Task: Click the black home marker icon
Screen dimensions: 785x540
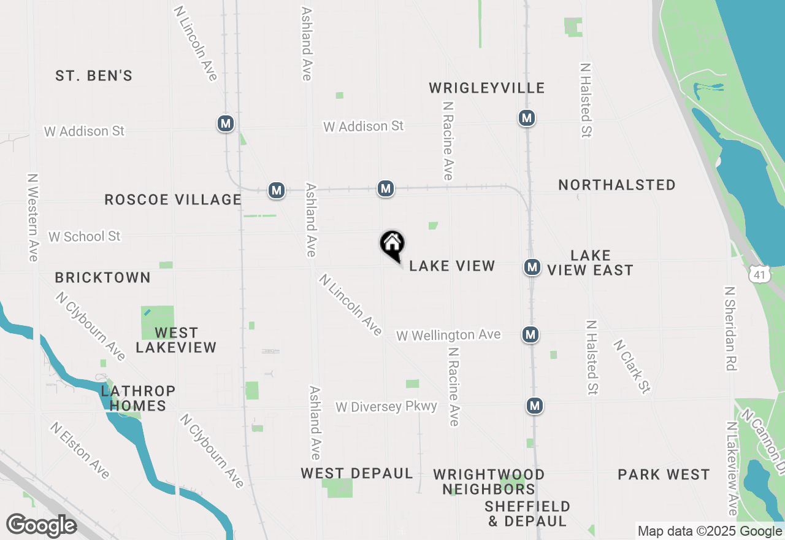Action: (392, 244)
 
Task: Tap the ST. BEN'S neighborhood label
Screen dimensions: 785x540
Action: (94, 76)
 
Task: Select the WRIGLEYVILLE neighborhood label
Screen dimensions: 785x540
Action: (486, 88)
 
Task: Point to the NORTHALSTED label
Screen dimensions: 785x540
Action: (617, 185)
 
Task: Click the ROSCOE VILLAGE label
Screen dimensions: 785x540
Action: (173, 199)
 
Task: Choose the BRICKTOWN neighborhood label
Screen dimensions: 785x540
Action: (103, 277)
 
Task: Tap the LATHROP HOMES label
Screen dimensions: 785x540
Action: (138, 398)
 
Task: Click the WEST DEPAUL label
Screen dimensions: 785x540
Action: (356, 474)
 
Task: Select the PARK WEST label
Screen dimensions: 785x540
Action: (664, 474)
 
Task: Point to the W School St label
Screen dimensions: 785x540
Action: (85, 236)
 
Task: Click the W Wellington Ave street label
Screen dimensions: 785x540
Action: (448, 335)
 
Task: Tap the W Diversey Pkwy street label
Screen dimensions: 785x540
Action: (386, 407)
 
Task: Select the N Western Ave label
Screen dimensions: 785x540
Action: (33, 217)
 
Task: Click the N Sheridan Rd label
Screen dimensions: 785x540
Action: (730, 328)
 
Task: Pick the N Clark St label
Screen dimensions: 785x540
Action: (631, 366)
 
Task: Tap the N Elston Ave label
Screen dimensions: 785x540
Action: (80, 450)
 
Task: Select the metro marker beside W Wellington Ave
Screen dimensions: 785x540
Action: (530, 334)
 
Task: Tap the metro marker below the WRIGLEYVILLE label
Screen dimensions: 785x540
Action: (526, 118)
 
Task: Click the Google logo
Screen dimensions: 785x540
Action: (41, 525)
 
